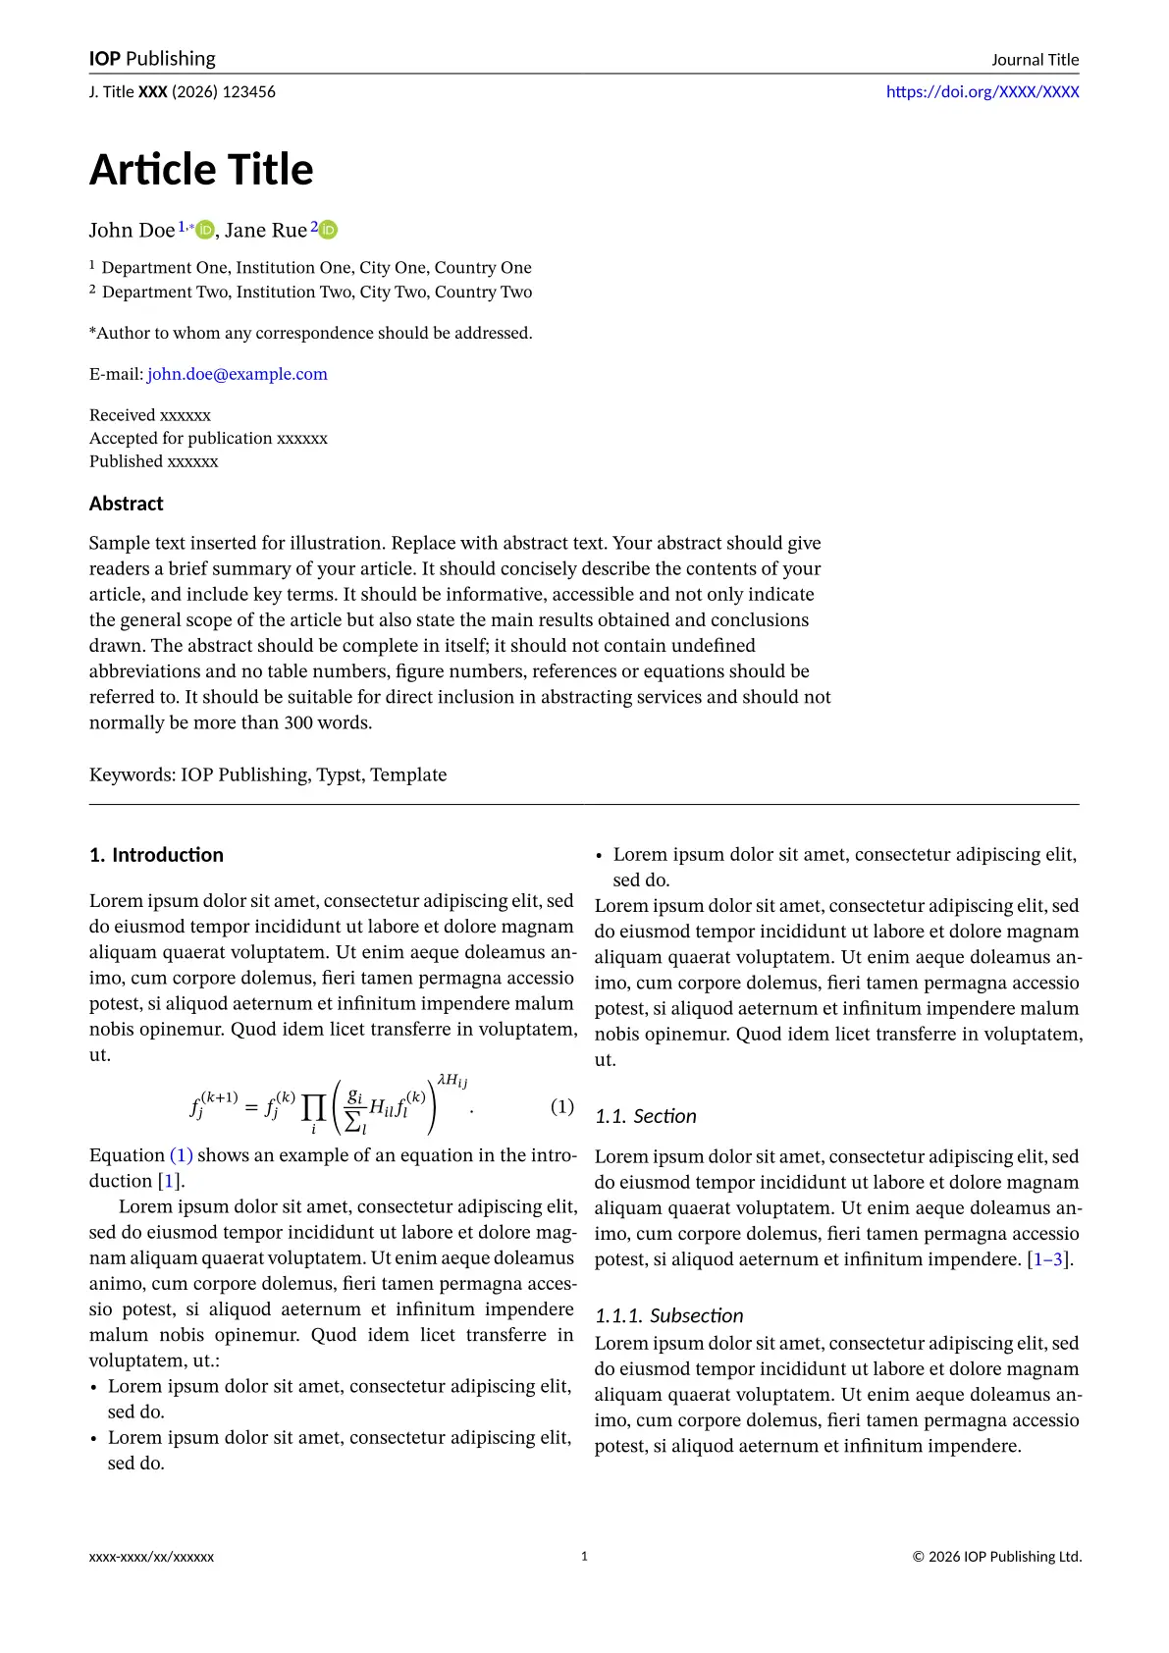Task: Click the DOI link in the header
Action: point(982,91)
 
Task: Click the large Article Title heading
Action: point(201,170)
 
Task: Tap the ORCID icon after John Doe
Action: point(205,230)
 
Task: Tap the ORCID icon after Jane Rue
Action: point(328,230)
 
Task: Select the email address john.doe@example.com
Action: point(238,374)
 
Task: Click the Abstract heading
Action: point(126,504)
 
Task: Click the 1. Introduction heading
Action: point(156,855)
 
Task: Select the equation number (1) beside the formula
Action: point(561,1106)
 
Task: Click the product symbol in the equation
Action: point(313,1107)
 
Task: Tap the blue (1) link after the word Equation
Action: point(181,1155)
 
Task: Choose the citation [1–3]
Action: point(1049,1259)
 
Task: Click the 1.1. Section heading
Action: point(645,1116)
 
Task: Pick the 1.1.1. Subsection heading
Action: point(668,1315)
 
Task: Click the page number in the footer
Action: point(584,1556)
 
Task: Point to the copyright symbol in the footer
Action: point(919,1556)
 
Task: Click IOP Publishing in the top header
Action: point(152,59)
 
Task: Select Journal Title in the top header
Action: point(1035,60)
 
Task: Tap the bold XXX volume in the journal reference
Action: point(152,92)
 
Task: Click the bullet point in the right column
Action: point(599,856)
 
